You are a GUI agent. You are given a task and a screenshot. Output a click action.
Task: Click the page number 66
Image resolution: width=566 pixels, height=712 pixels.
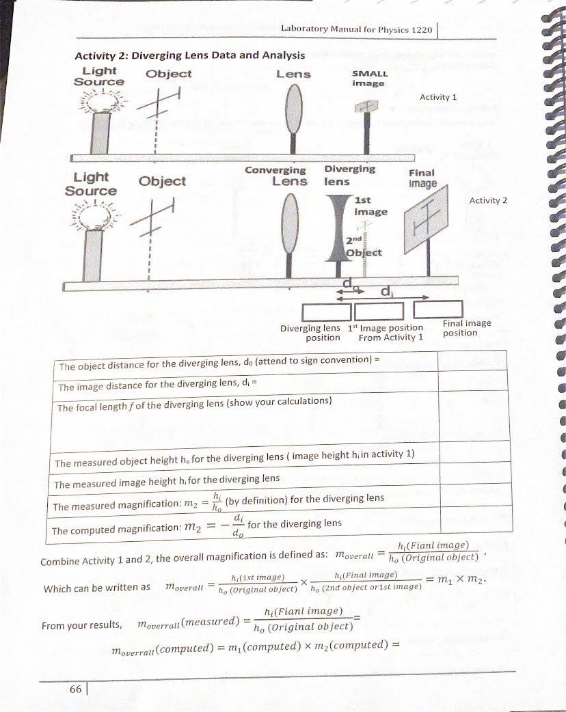(75, 689)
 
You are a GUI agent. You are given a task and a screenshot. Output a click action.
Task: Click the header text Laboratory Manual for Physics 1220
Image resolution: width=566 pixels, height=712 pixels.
(356, 30)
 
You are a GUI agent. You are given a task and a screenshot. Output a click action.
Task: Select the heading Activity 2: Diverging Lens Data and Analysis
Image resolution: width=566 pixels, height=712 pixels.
(189, 55)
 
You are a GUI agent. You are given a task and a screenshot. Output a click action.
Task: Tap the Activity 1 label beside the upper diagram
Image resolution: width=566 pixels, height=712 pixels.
(438, 98)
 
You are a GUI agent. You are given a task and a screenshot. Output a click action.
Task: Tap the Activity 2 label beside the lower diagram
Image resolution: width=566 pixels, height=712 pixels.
(488, 200)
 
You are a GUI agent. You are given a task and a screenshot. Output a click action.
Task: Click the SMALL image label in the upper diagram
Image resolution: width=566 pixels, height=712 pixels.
(369, 78)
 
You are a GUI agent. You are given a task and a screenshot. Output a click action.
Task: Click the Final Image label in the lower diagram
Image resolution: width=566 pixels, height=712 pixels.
(422, 178)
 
